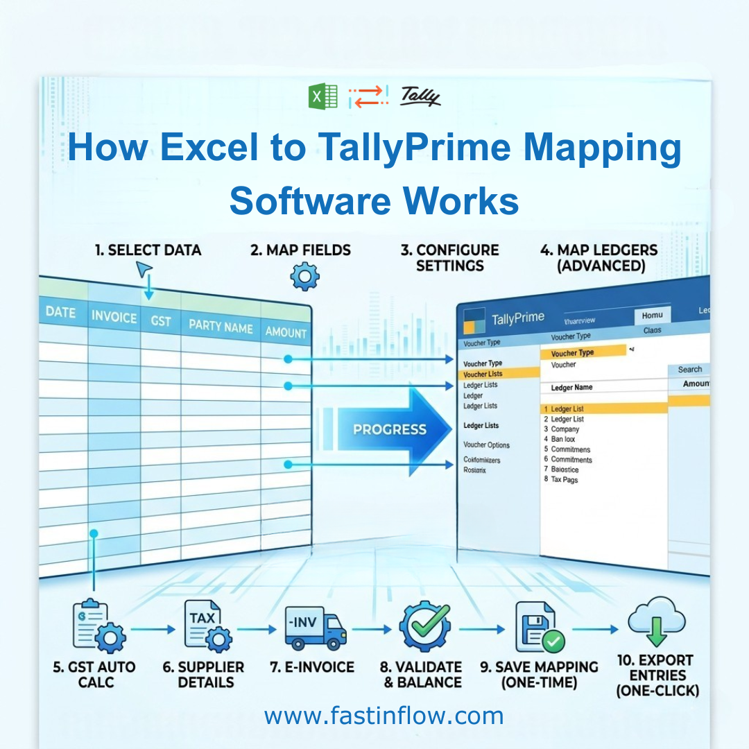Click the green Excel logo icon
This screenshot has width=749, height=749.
(x=322, y=96)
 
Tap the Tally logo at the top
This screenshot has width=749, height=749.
(x=420, y=96)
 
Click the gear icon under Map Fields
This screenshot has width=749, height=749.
(x=304, y=277)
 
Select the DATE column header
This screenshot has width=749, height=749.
(x=60, y=312)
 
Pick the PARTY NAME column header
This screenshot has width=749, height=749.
(x=221, y=325)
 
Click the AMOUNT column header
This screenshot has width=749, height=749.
(x=286, y=332)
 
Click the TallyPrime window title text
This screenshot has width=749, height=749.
(x=518, y=319)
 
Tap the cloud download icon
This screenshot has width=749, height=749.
(x=656, y=622)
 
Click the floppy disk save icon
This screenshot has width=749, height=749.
(x=539, y=627)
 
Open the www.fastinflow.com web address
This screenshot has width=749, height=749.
(x=384, y=715)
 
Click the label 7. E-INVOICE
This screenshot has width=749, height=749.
(x=312, y=667)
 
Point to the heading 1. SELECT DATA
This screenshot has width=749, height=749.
(x=148, y=250)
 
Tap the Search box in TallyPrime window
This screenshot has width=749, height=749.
(x=689, y=370)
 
